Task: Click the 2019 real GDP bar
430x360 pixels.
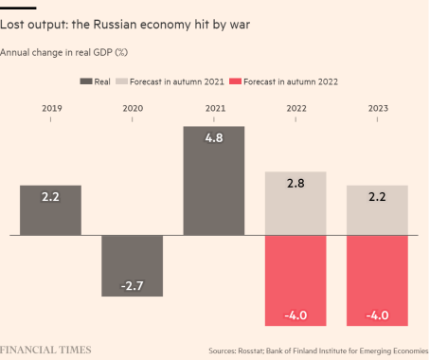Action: [x=50, y=210]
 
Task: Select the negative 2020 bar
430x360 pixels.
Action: [x=133, y=266]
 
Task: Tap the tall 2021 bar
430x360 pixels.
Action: [x=214, y=181]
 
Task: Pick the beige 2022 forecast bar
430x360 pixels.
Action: [x=296, y=204]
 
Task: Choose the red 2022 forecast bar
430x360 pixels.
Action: [x=296, y=280]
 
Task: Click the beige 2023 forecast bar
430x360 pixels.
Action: [x=377, y=210]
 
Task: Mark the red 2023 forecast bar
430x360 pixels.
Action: [x=377, y=280]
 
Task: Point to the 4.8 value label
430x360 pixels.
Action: [x=214, y=138]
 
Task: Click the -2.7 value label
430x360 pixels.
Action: [x=133, y=286]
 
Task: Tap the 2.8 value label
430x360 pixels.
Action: [x=296, y=183]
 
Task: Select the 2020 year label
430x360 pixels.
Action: [x=133, y=108]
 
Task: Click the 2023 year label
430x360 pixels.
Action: [x=378, y=108]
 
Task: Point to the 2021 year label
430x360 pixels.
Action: [x=215, y=108]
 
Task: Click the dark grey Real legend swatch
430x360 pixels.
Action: [x=86, y=81]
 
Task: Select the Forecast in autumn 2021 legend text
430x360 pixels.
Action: [x=177, y=81]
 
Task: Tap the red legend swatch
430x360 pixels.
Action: [x=235, y=81]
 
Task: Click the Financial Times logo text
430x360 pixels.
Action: [x=45, y=350]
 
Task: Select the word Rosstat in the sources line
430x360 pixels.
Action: [x=251, y=351]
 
